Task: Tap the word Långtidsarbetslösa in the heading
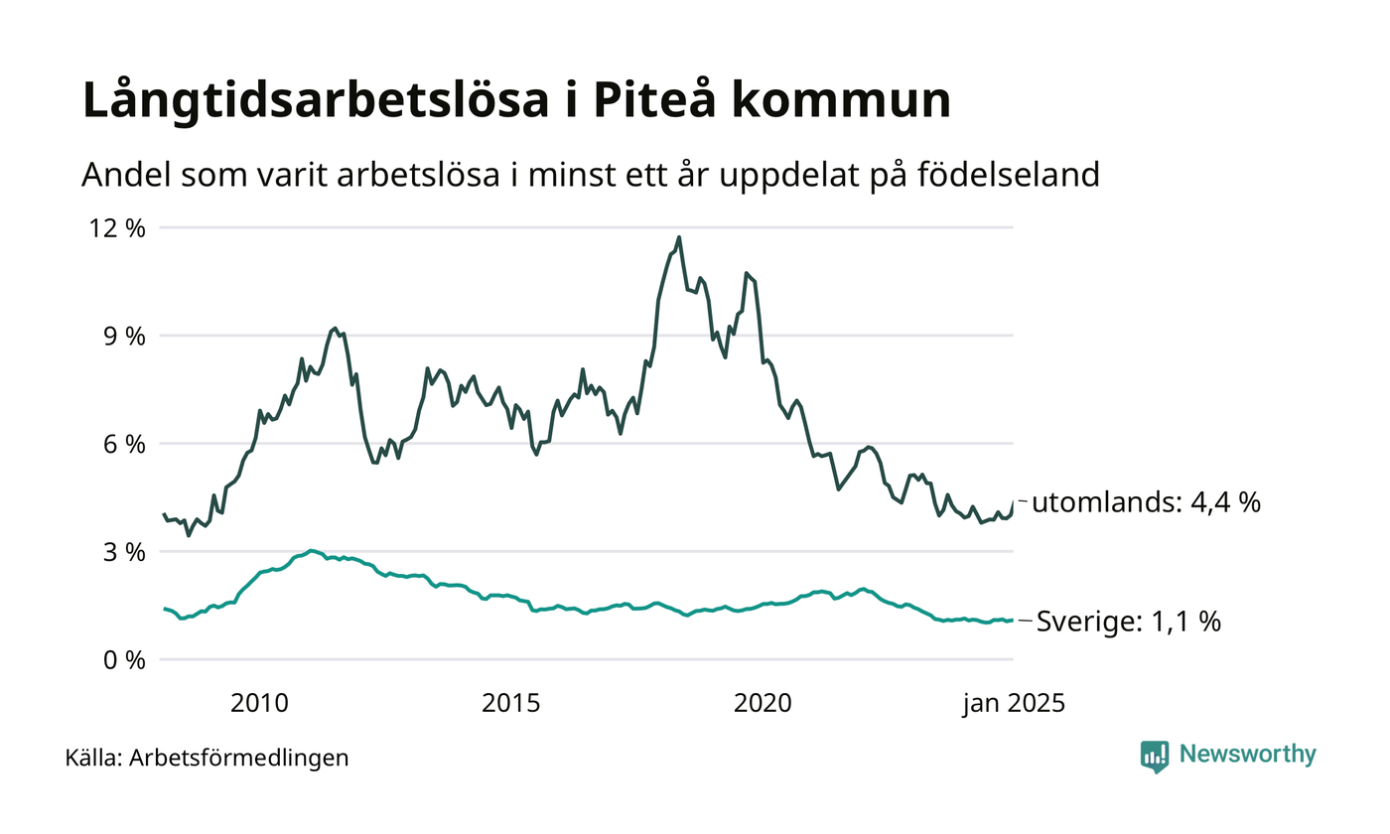click(x=328, y=102)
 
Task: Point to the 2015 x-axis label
click(x=511, y=704)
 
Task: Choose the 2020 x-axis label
click(x=763, y=704)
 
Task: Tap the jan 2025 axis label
click(x=1013, y=704)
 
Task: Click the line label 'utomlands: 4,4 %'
click(x=1146, y=503)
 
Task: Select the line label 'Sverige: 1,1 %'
click(x=1129, y=623)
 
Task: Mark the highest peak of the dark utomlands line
click(x=679, y=237)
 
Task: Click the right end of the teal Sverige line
click(x=1013, y=621)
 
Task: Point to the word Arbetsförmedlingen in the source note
click(x=239, y=759)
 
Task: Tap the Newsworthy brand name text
click(x=1247, y=755)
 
